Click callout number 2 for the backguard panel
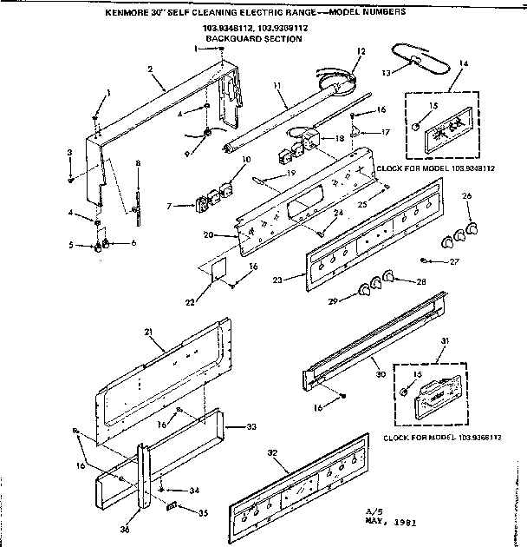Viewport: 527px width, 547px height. [x=150, y=69]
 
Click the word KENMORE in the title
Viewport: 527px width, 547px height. [x=128, y=14]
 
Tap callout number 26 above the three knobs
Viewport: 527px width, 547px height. [x=467, y=198]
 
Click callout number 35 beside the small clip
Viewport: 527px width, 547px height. [x=204, y=513]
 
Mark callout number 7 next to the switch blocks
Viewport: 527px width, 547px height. [x=170, y=207]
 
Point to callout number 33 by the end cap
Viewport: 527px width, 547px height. [x=251, y=426]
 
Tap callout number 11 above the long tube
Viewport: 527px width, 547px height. [x=277, y=86]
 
